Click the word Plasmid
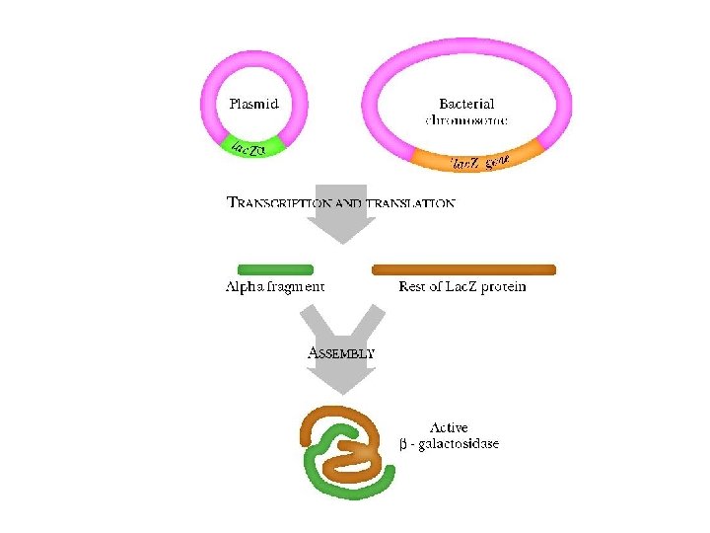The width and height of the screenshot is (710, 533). pos(253,103)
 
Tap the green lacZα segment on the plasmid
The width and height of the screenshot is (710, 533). pos(251,148)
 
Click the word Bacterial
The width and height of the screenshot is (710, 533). pos(466,103)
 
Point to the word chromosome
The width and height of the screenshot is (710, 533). pos(465,119)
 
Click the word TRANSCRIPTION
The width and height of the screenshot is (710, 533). pos(279,203)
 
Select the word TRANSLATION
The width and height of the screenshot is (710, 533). pos(410,203)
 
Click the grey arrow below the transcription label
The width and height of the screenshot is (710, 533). pos(340,221)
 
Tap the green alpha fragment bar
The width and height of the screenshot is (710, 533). pos(275,268)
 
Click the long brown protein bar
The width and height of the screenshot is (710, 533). pos(463,268)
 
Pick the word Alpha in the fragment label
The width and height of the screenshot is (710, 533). pos(243,287)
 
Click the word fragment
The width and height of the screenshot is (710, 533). pos(293,287)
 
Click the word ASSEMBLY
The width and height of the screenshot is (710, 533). pos(341,351)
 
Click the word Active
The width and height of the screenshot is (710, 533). pos(449,428)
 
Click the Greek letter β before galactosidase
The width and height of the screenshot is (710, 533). pos(403,444)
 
